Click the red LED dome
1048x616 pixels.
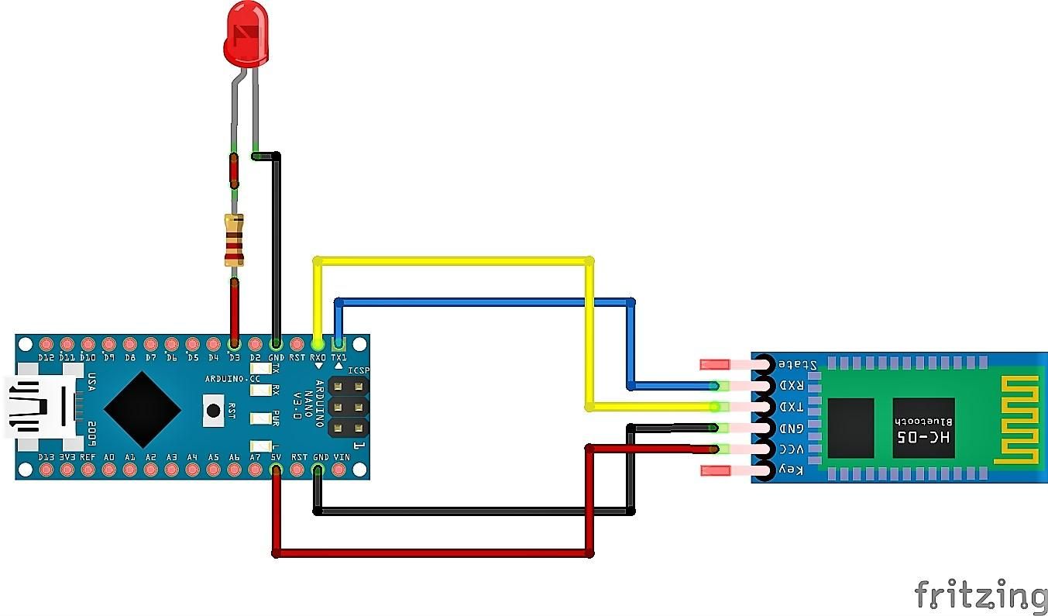click(246, 36)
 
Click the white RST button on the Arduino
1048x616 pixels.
click(213, 409)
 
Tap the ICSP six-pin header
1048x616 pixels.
click(349, 406)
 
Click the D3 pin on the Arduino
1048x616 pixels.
click(234, 343)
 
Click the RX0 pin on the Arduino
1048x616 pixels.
click(317, 343)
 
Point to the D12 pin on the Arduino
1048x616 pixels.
click(46, 343)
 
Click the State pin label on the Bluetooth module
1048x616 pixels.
click(794, 364)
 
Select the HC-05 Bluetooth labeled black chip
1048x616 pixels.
click(923, 428)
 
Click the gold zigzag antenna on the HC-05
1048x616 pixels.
click(1016, 422)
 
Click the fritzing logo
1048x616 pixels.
click(980, 595)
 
